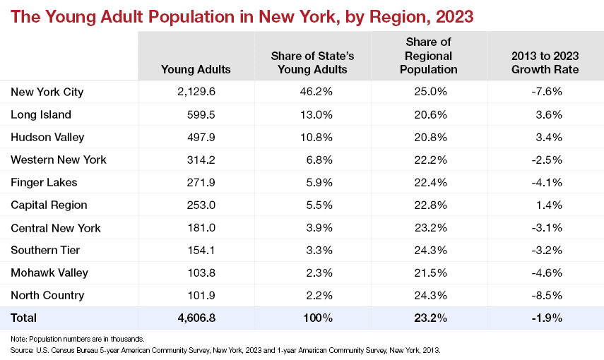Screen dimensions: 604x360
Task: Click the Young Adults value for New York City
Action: tap(196, 92)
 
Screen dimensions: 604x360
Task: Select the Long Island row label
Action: tap(41, 114)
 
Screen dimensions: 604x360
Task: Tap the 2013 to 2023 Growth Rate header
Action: tap(545, 62)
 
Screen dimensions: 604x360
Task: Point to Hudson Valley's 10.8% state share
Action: tap(316, 137)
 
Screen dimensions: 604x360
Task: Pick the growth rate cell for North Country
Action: tap(547, 295)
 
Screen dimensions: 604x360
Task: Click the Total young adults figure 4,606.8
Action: tap(196, 318)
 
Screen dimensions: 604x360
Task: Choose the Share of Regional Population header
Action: tap(428, 56)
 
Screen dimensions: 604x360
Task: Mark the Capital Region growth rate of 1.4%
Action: tap(549, 205)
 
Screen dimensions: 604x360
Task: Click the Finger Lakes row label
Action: tap(44, 182)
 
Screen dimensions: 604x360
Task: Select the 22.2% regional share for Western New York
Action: tap(431, 160)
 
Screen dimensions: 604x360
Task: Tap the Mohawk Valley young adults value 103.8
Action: tap(201, 272)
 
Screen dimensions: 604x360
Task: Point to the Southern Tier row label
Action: tap(45, 250)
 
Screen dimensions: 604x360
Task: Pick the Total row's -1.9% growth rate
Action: tap(547, 318)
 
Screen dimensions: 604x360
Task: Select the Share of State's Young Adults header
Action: tap(312, 62)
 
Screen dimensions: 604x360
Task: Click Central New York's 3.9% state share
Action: tap(319, 227)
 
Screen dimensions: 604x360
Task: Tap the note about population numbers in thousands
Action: tap(78, 340)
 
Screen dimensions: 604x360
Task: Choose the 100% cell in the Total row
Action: tap(318, 318)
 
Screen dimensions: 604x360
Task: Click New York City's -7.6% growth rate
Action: tap(547, 92)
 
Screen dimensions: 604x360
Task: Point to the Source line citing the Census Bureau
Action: tap(225, 350)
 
